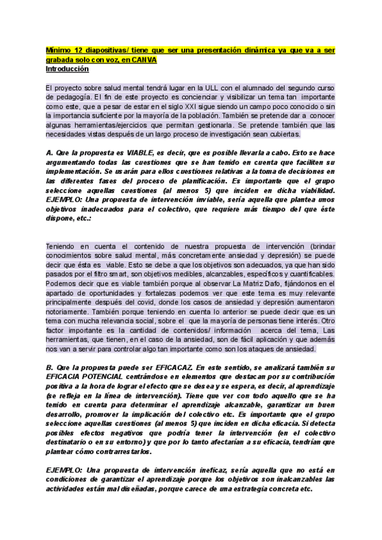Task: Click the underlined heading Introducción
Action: tap(67, 69)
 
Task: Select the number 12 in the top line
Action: tap(79, 50)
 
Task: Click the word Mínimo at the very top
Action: tap(59, 50)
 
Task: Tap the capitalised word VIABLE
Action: tap(146, 153)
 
